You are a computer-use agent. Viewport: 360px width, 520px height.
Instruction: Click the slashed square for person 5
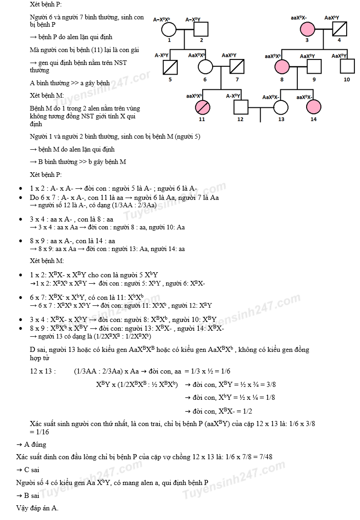click(x=170, y=68)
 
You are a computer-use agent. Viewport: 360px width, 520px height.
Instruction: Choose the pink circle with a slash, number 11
click(x=202, y=107)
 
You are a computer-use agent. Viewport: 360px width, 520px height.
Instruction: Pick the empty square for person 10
click(x=347, y=68)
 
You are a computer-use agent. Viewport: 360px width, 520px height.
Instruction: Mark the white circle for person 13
click(x=281, y=107)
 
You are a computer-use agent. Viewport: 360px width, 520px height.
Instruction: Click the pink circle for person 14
click(x=313, y=107)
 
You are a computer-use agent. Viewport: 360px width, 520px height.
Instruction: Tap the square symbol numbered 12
click(x=240, y=107)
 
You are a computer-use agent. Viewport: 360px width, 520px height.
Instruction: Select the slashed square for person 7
click(x=237, y=68)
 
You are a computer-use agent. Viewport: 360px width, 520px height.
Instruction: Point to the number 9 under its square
click(x=314, y=79)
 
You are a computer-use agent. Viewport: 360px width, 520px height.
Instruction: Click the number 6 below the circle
click(x=205, y=79)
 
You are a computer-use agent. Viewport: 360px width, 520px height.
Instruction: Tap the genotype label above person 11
click(x=194, y=96)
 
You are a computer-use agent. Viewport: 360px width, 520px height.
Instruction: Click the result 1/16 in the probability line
click(x=42, y=432)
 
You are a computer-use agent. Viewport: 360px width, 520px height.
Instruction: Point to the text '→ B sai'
click(x=28, y=496)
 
